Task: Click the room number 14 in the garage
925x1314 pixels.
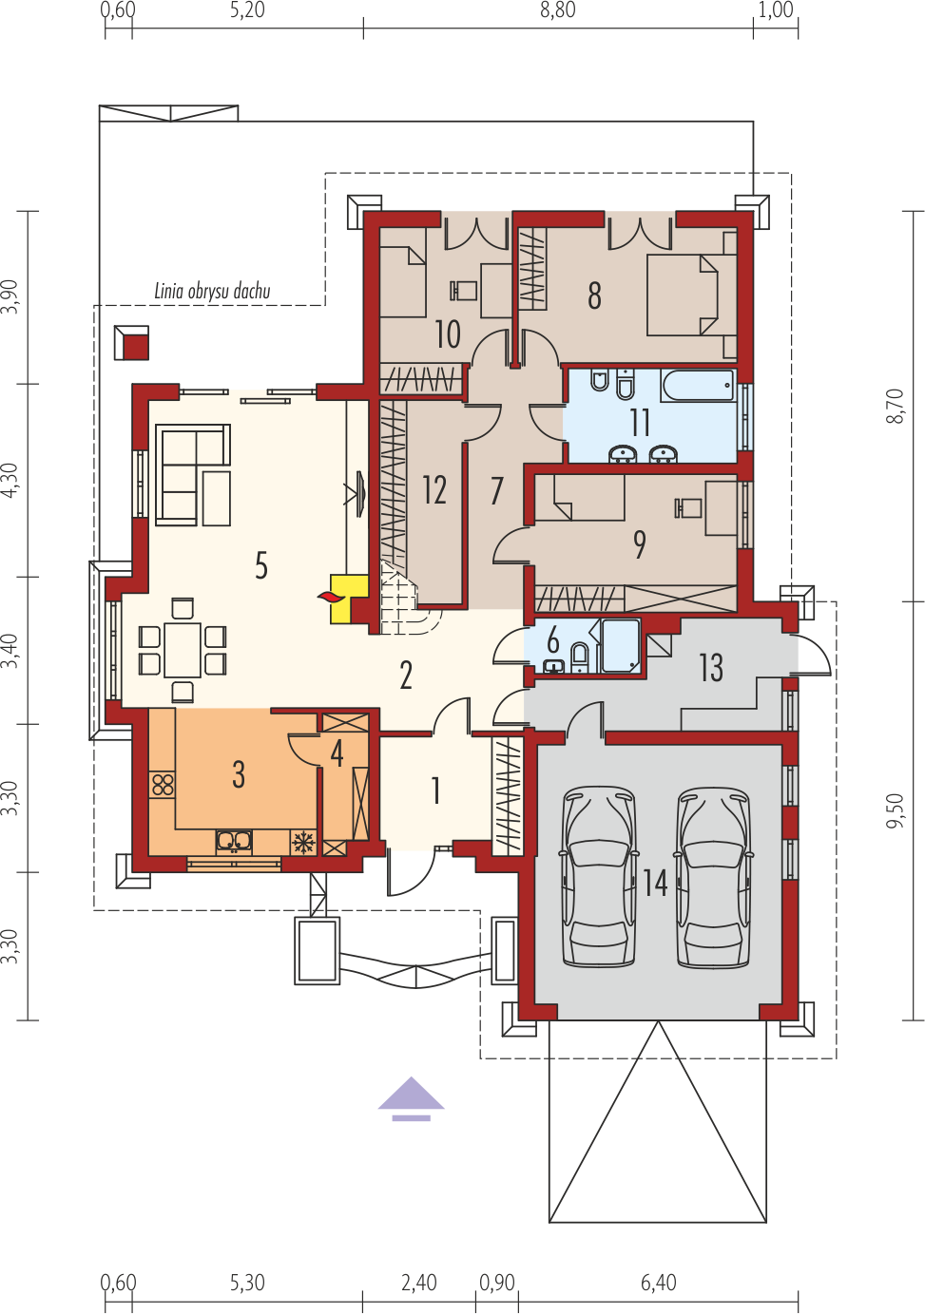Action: tap(655, 883)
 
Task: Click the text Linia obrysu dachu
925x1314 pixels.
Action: tap(212, 291)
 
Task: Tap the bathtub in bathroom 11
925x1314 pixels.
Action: tap(698, 386)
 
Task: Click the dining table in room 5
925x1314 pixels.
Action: tap(183, 650)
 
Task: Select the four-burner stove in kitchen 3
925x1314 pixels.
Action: tap(163, 784)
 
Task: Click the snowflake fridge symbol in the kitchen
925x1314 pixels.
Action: tap(303, 843)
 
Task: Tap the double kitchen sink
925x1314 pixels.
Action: tap(234, 841)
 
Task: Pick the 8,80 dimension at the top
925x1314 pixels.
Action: tap(558, 10)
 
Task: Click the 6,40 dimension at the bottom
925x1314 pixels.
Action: tap(659, 1283)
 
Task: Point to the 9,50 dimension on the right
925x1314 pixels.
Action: tap(896, 810)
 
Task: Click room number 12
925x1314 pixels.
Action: tap(434, 490)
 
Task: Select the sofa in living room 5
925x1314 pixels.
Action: tap(193, 474)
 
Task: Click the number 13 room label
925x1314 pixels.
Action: tap(711, 668)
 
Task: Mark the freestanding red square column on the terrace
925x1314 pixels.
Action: tap(131, 343)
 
